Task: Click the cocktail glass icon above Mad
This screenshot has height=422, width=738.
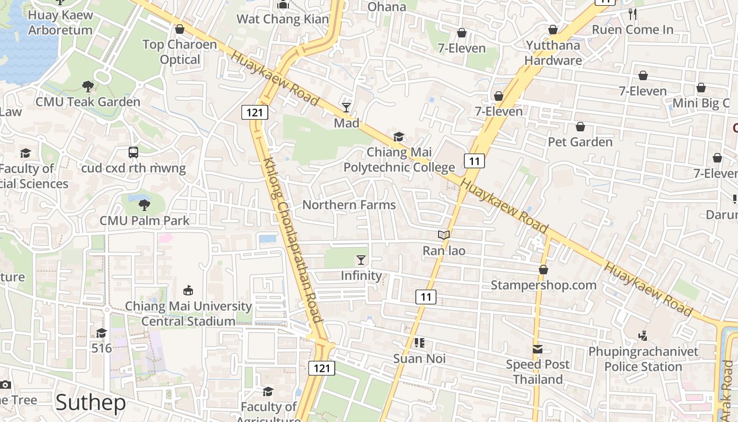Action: point(346,108)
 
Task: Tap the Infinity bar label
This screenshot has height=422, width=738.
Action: point(361,275)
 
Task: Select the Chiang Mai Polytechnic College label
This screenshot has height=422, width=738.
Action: point(399,160)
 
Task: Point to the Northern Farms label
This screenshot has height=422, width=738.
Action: point(349,205)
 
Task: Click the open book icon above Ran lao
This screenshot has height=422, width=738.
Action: point(444,235)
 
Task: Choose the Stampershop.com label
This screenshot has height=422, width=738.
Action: point(543,285)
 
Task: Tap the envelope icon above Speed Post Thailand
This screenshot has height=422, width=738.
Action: point(538,349)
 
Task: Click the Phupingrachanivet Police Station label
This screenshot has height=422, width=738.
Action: point(643,359)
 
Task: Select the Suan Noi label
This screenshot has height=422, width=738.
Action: point(420,359)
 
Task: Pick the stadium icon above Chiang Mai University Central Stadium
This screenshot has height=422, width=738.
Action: point(188,290)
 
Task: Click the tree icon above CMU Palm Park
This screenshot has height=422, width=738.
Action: point(144,205)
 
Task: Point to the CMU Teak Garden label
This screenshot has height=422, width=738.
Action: point(88,102)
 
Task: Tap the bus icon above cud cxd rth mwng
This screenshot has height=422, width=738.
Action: point(133,152)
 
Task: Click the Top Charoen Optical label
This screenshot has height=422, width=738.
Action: point(180,52)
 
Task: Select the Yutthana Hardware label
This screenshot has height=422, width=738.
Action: point(553,53)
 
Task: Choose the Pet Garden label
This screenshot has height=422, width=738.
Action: point(580,142)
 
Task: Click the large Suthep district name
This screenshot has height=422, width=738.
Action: point(90,402)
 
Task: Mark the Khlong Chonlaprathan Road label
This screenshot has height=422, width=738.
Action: point(292,240)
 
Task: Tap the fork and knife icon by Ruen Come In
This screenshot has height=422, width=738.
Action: point(633,14)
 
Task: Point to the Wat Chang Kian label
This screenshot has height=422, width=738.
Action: point(283,20)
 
